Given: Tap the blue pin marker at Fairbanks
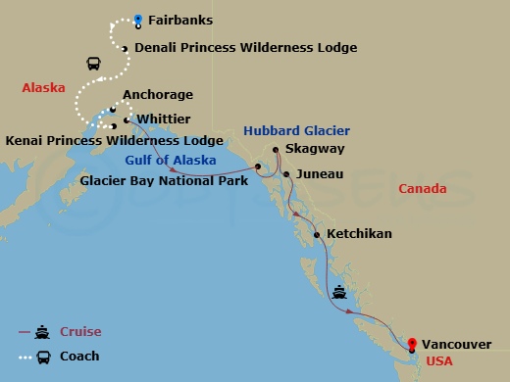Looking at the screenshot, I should click(138, 19).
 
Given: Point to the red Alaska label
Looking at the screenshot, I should click(43, 88).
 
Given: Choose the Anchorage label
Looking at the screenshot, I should click(158, 96).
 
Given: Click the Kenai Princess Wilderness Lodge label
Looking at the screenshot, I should click(114, 141).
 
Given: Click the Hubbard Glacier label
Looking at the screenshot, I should click(296, 130).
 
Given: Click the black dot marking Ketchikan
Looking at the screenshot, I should click(316, 234).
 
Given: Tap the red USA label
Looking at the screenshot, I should click(439, 361).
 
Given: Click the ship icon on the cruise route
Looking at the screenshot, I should click(339, 290).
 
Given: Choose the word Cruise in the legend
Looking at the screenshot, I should click(81, 332).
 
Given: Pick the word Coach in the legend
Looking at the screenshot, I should click(79, 356).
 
